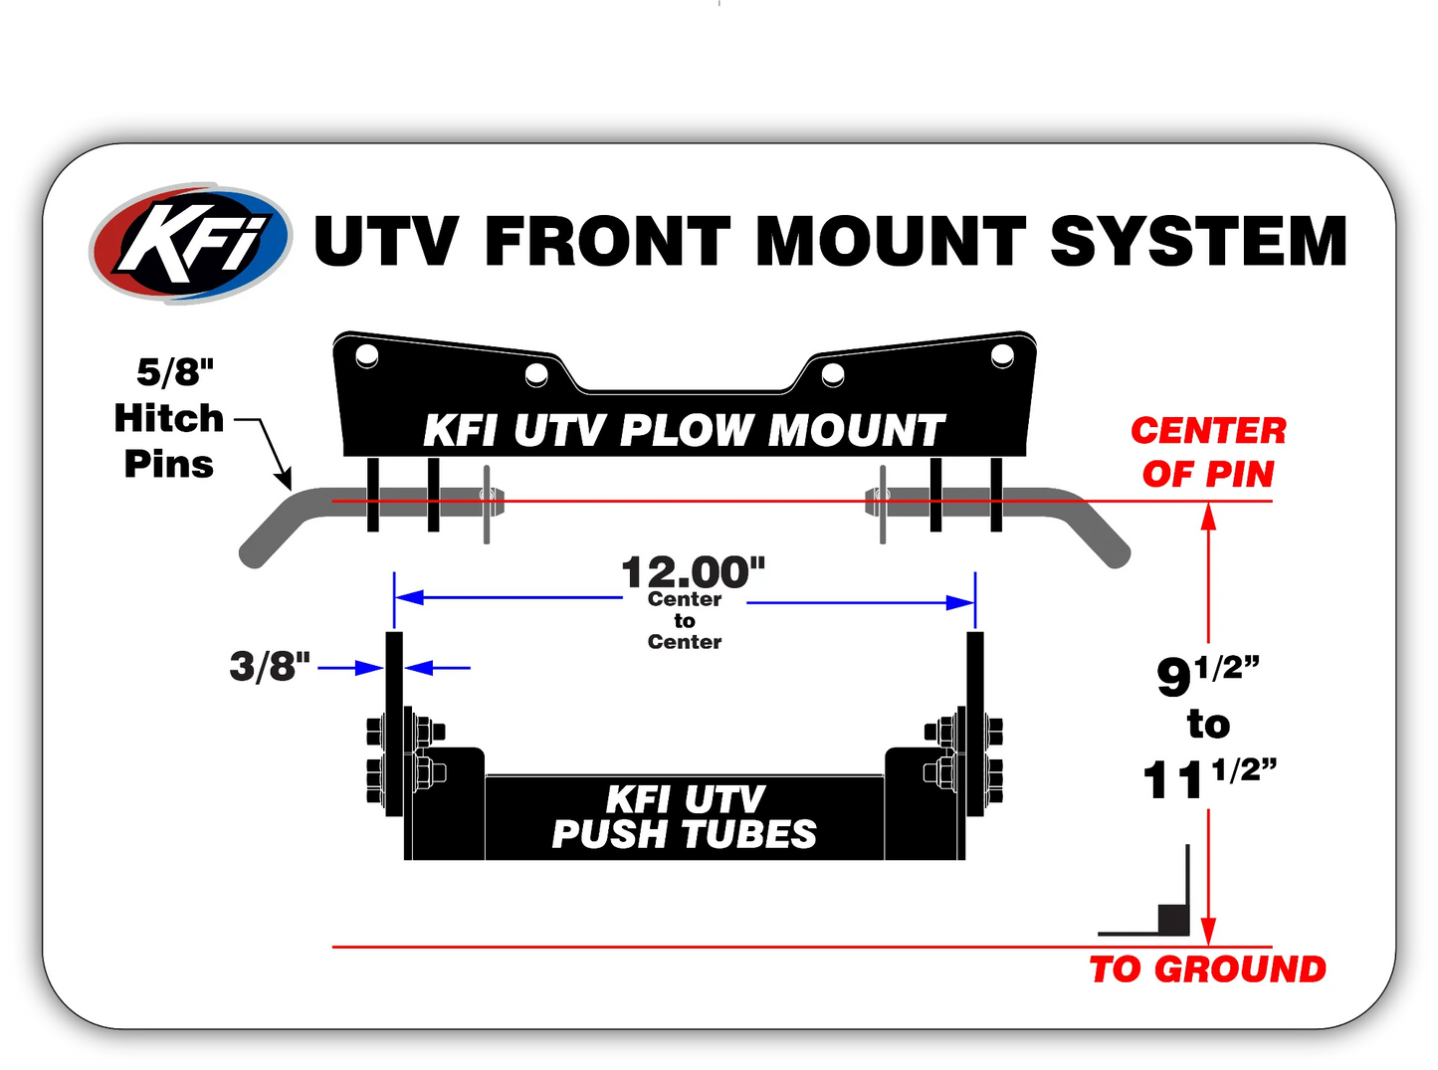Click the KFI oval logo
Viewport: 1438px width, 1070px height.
click(x=190, y=243)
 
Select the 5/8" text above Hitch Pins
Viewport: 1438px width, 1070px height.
click(x=175, y=372)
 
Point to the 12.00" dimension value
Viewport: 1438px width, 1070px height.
click(x=693, y=572)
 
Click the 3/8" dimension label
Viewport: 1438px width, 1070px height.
click(x=269, y=666)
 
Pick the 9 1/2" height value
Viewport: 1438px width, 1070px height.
click(x=1207, y=674)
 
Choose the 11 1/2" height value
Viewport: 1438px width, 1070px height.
click(x=1208, y=777)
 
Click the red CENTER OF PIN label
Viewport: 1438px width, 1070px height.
click(x=1208, y=452)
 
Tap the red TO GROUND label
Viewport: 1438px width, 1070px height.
click(x=1207, y=968)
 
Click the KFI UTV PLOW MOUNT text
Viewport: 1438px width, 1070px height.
click(x=684, y=431)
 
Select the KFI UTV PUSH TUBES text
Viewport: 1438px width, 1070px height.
click(x=685, y=816)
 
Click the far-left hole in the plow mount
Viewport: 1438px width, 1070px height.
click(x=366, y=355)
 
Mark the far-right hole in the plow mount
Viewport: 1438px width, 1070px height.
click(x=1002, y=355)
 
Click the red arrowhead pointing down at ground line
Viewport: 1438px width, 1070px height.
click(x=1209, y=933)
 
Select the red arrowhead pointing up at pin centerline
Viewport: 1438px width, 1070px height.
click(x=1209, y=516)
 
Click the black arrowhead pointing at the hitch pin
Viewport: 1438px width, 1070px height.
click(x=285, y=482)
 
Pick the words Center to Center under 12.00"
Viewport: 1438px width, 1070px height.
click(x=684, y=620)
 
